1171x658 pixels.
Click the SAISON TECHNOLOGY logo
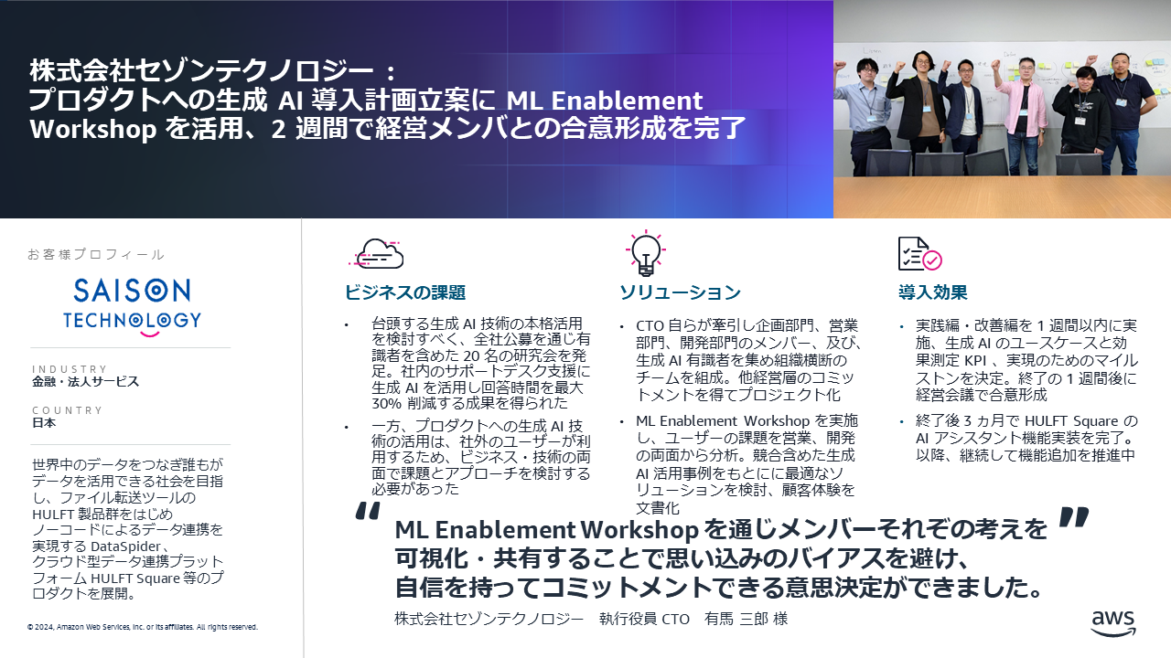pyautogui.click(x=132, y=307)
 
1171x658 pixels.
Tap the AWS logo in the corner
pyautogui.click(x=1113, y=623)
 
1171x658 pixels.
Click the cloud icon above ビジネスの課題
pyautogui.click(x=376, y=254)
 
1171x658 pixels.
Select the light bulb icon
pyautogui.click(x=646, y=253)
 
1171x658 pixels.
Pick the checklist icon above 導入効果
pyautogui.click(x=919, y=254)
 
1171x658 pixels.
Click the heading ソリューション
pyautogui.click(x=680, y=292)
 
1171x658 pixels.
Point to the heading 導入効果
pyautogui.click(x=932, y=292)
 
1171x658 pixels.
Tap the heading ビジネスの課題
pyautogui.click(x=405, y=292)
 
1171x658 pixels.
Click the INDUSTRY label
pyautogui.click(x=70, y=369)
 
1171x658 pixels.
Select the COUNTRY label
pyautogui.click(x=68, y=410)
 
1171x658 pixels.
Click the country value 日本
pyautogui.click(x=44, y=422)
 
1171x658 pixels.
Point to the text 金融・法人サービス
pyautogui.click(x=86, y=382)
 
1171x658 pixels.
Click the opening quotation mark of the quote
pyautogui.click(x=368, y=511)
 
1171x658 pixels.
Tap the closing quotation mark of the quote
pyautogui.click(x=1074, y=516)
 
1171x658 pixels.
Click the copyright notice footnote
pyautogui.click(x=143, y=627)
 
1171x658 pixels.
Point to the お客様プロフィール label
pyautogui.click(x=96, y=254)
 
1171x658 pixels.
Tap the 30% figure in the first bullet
pyautogui.click(x=386, y=403)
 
